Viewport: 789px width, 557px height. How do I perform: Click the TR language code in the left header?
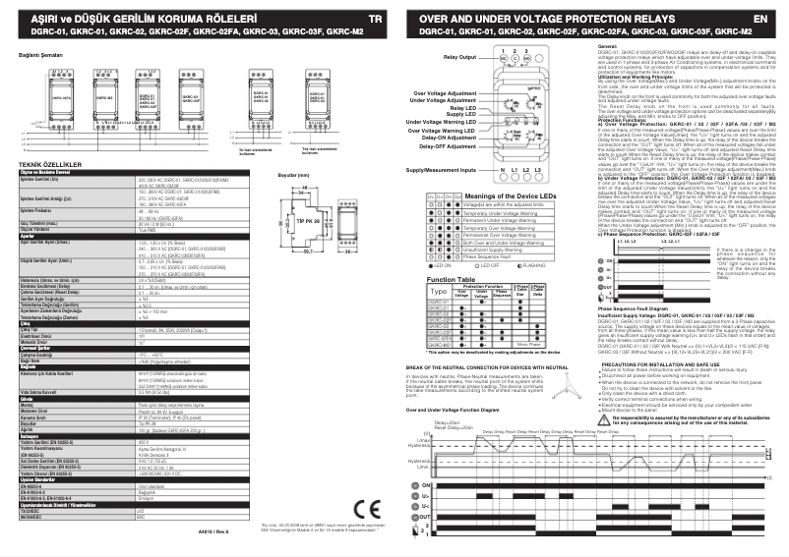374,19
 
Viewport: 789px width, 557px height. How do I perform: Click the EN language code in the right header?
759,19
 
